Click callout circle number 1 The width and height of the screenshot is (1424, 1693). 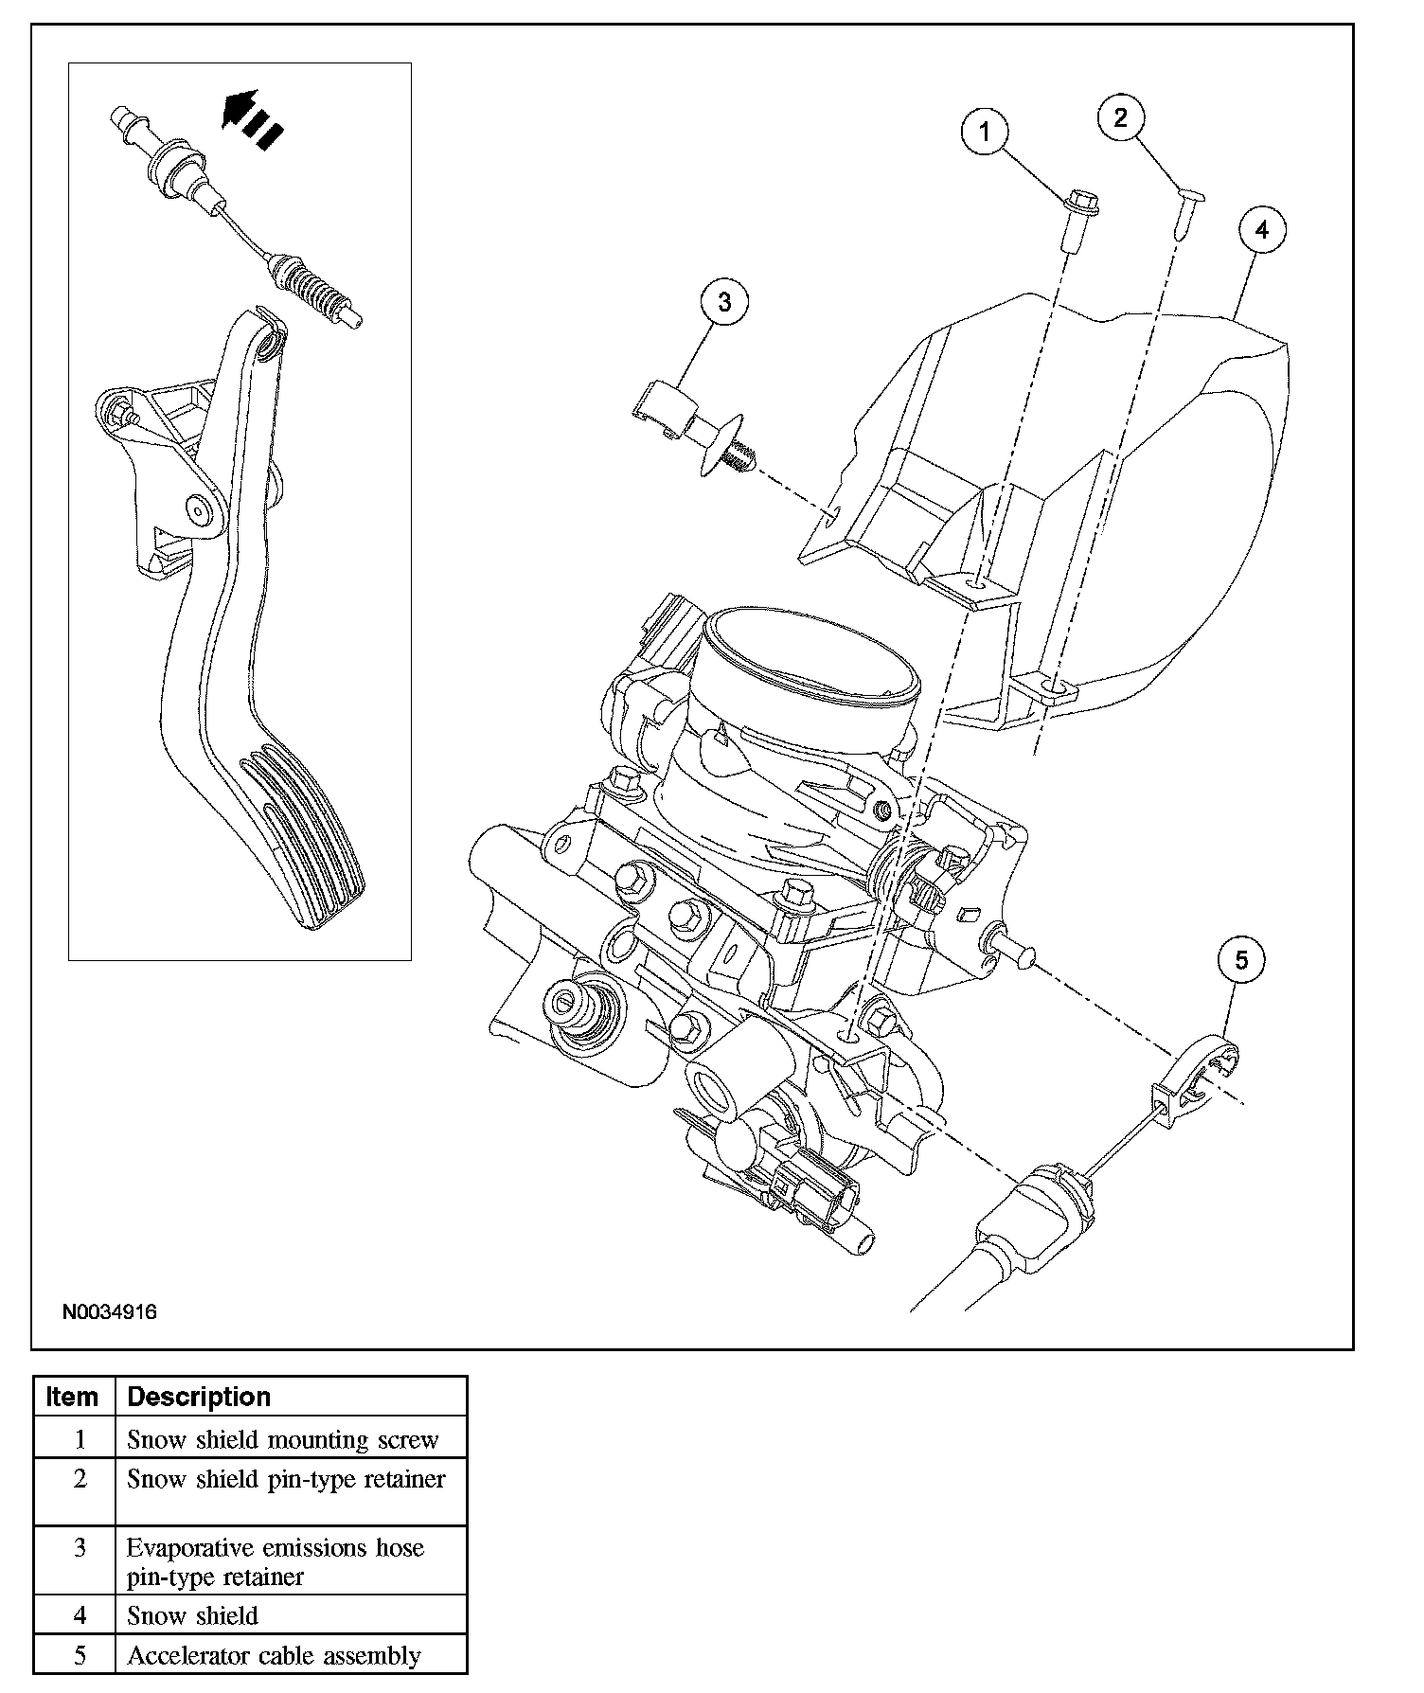click(x=985, y=132)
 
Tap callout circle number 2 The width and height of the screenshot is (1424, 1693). click(x=1121, y=117)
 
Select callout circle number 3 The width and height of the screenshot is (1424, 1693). click(x=724, y=302)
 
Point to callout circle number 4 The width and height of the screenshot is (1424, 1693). click(x=1263, y=230)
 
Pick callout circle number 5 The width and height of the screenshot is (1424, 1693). click(x=1241, y=960)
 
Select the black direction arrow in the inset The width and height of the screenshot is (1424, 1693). click(x=251, y=119)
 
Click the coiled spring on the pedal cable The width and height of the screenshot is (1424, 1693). click(x=312, y=293)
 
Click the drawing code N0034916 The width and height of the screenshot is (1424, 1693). click(x=109, y=1312)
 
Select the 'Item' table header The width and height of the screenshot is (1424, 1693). click(x=73, y=1397)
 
